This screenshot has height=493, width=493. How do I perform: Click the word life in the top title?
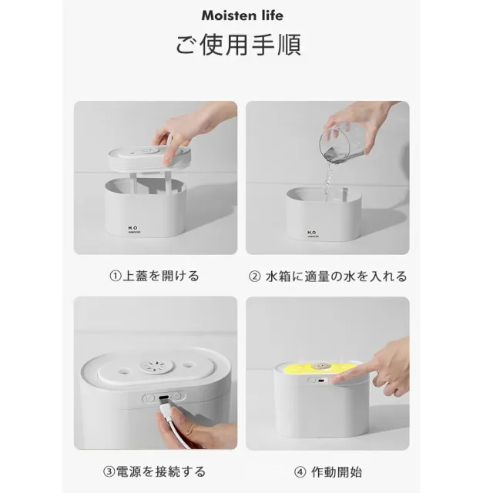(272, 15)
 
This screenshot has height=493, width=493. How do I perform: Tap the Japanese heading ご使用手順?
(238, 45)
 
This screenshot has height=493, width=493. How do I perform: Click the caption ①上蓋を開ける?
(154, 276)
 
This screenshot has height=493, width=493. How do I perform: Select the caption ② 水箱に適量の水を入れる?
(328, 277)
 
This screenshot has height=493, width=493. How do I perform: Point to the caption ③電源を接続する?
(154, 471)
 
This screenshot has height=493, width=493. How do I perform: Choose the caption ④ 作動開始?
(328, 472)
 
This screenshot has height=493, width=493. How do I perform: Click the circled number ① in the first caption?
(116, 277)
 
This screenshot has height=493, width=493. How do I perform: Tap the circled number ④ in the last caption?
(300, 472)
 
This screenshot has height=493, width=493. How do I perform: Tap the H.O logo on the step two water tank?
(312, 233)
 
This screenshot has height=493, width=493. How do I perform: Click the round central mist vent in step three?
(156, 366)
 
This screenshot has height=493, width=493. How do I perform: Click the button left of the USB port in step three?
(149, 398)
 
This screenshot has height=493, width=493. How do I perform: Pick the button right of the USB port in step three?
(178, 395)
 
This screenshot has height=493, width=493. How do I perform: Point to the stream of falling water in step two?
(329, 182)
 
